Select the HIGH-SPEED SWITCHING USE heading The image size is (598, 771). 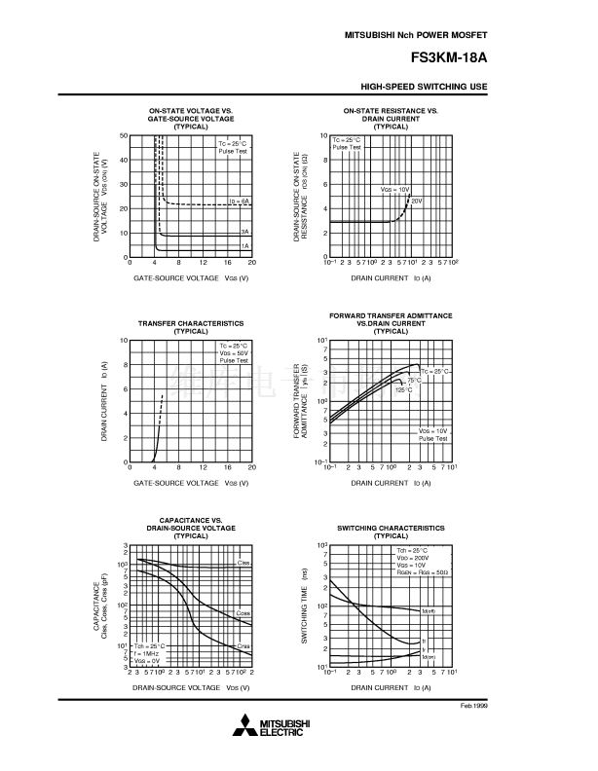click(x=424, y=88)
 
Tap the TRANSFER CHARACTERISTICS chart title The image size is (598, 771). click(x=191, y=323)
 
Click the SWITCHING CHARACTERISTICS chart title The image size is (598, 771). click(x=391, y=527)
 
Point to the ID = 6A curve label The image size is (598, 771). click(x=239, y=201)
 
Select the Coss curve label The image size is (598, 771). click(x=243, y=612)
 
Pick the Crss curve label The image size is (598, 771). click(x=243, y=645)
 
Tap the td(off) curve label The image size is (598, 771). click(x=430, y=610)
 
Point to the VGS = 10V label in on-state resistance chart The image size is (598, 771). click(x=394, y=189)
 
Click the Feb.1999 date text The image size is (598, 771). click(x=473, y=703)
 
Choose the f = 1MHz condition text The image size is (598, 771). click(x=149, y=652)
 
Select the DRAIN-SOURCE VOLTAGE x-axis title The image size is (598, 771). click(x=191, y=686)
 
